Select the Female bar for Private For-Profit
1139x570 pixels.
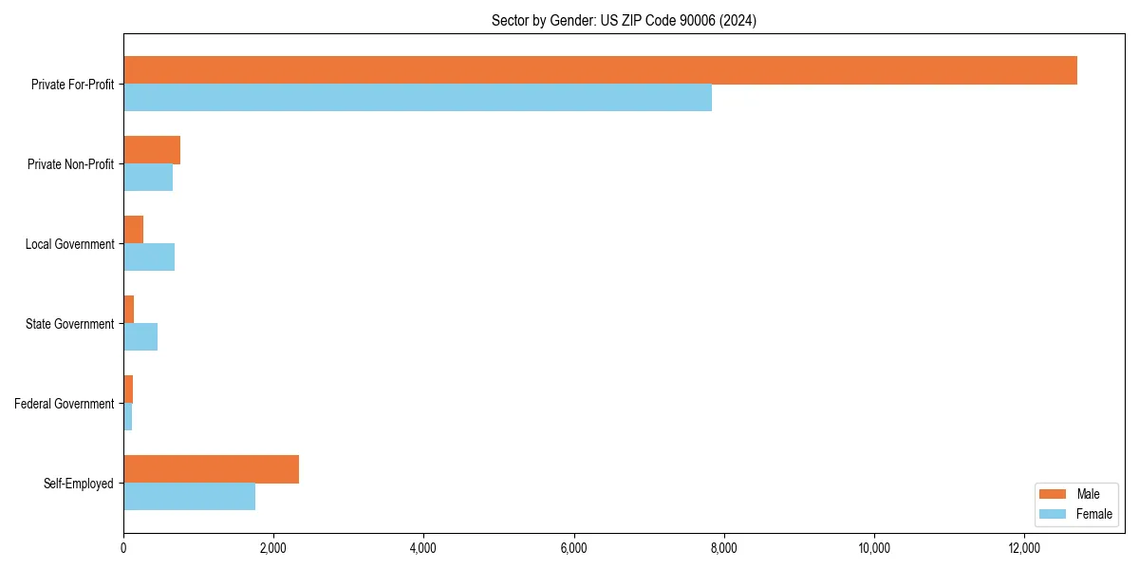[418, 98]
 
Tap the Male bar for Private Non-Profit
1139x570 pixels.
[152, 150]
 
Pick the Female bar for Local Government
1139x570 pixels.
[149, 257]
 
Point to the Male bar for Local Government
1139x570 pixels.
[133, 230]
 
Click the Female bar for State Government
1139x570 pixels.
[140, 337]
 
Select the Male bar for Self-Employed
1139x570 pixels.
[211, 469]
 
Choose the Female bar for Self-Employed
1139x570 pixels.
[189, 497]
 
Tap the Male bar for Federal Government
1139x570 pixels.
[128, 389]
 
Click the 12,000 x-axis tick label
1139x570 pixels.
[1024, 548]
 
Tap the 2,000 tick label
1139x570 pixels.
[273, 548]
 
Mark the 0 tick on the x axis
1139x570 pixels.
[123, 548]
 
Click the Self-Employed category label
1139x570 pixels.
[79, 484]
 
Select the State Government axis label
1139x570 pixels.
[70, 324]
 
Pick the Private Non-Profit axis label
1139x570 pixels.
[70, 164]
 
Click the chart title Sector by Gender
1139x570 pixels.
[624, 20]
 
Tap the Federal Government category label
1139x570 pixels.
[65, 404]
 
